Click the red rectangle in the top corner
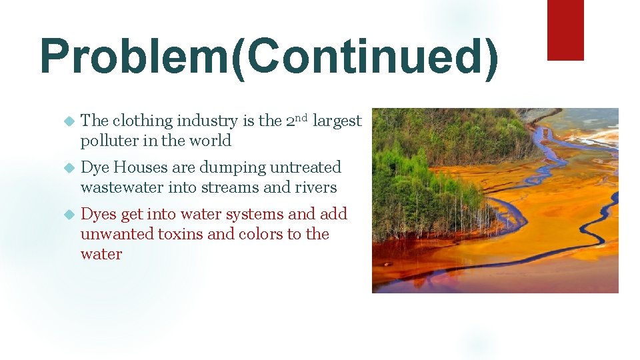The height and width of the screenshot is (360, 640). (565, 30)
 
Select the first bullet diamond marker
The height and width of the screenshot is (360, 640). (67, 121)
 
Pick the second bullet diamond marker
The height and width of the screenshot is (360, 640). (67, 168)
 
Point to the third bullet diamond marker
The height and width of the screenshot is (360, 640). (67, 215)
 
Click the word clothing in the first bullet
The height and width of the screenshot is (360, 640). (142, 121)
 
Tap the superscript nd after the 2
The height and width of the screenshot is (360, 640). (301, 118)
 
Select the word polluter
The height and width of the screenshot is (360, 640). (109, 141)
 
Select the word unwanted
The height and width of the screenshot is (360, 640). (117, 235)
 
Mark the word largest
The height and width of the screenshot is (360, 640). (337, 121)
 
